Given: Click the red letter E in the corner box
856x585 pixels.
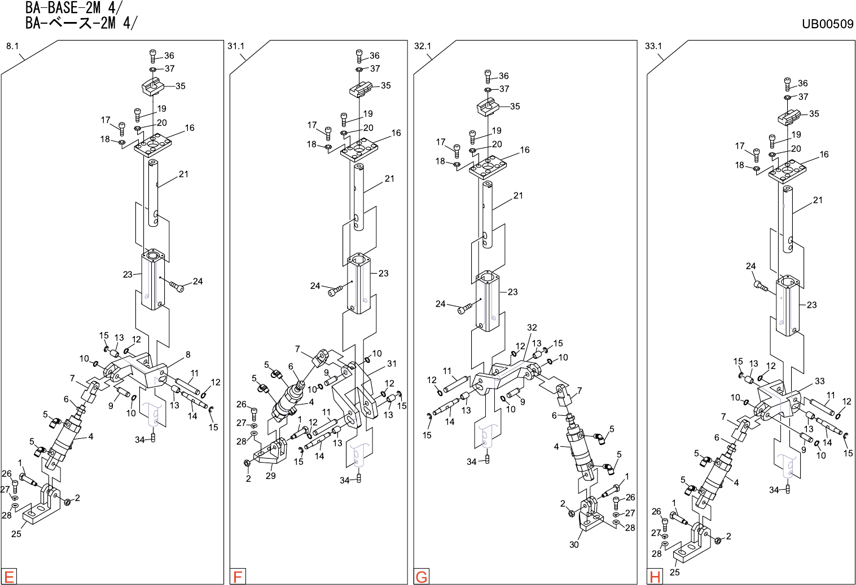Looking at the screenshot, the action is [9, 577].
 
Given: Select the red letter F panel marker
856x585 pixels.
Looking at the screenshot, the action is [238, 577].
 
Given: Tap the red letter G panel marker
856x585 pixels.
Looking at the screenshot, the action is [422, 577].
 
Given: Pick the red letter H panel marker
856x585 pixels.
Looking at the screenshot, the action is [655, 577].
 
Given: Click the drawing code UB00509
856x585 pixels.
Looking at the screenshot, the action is [827, 24].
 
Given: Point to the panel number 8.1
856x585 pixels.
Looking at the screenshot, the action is [12, 46].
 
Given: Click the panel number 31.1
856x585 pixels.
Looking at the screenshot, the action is [236, 46].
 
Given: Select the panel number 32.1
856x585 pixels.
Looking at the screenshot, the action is [423, 46].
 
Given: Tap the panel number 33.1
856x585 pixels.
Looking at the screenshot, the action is [653, 46].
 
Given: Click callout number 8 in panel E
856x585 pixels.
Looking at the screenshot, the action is [188, 355].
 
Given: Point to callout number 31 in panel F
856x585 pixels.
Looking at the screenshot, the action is [392, 364].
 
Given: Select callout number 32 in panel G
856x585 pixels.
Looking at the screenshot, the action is [532, 327].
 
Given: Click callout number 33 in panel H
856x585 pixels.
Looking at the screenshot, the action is [819, 381].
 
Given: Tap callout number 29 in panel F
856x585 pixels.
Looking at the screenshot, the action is [271, 476].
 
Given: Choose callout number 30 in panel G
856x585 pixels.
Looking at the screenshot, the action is [574, 544].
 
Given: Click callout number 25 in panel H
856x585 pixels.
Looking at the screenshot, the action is [675, 572].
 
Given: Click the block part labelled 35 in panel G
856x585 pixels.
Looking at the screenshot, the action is [489, 107].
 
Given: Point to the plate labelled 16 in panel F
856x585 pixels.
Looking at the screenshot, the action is [359, 151].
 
